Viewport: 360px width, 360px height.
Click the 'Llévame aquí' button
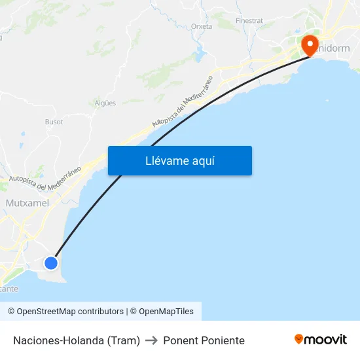coord(179,161)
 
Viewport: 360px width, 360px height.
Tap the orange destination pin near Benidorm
coord(310,45)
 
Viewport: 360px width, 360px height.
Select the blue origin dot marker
coord(51,262)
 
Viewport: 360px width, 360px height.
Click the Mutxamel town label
coord(27,203)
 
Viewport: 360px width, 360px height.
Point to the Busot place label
coord(54,122)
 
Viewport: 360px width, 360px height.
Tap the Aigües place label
coord(105,103)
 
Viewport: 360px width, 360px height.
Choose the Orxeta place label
coord(202,27)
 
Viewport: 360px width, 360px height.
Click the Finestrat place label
coord(249,21)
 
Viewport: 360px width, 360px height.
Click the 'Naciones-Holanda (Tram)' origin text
coord(77,340)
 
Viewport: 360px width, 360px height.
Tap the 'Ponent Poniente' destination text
coord(204,340)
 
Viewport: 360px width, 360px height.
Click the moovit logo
coord(321,339)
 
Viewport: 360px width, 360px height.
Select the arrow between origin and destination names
coord(152,340)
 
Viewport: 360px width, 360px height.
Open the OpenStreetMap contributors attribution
coord(65,312)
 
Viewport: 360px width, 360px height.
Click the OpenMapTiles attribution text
coord(162,312)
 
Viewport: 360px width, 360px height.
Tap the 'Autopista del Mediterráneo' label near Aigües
coord(183,101)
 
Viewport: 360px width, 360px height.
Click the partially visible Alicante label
coord(9,288)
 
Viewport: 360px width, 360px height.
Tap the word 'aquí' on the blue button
coord(202,161)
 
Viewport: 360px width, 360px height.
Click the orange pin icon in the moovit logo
coord(299,339)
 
